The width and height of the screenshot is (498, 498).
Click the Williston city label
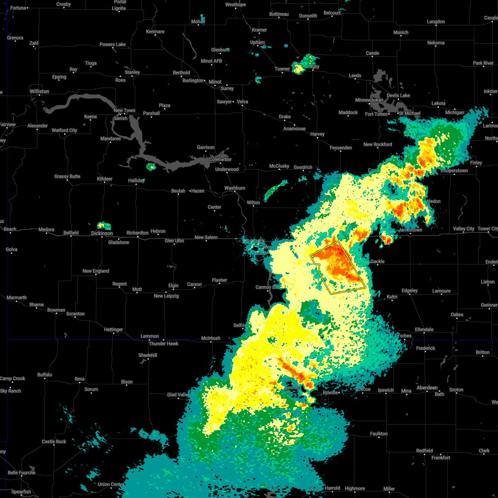point(39,91)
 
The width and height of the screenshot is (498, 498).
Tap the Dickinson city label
point(102,233)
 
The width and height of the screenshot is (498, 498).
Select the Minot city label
point(215,82)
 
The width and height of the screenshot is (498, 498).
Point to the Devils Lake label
point(398,95)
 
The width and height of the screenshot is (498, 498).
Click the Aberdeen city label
point(427,388)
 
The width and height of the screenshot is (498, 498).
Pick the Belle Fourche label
point(22,473)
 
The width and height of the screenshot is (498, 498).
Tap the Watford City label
point(64,130)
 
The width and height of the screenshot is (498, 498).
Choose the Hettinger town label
point(113,330)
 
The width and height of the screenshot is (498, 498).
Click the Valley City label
point(464,229)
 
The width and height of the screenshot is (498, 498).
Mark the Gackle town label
point(377,261)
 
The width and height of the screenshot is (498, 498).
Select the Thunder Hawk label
point(164,344)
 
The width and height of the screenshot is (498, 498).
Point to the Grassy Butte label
point(67,176)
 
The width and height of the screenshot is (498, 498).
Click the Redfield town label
point(425,451)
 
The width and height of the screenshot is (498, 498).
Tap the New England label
point(96,271)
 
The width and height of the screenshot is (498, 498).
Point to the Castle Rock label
point(54,442)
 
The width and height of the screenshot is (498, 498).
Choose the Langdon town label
point(436,22)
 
